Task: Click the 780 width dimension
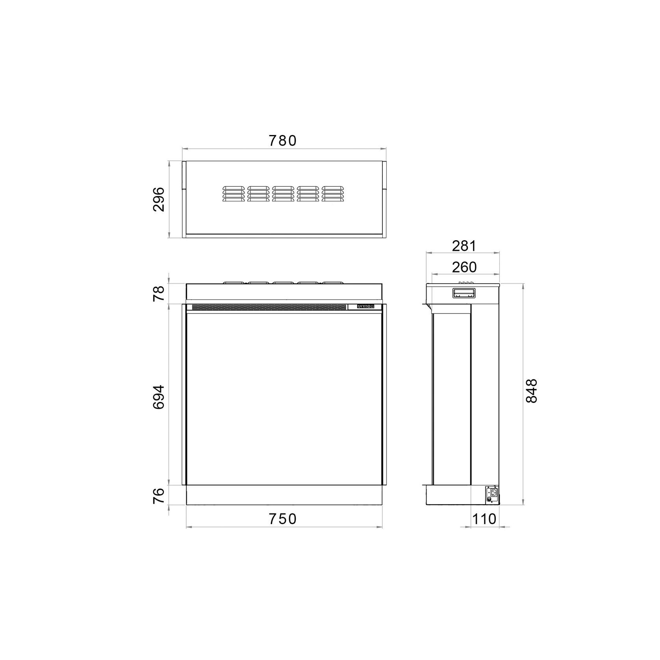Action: click(x=282, y=141)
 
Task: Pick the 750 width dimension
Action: click(x=283, y=519)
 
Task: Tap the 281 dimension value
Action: click(x=464, y=246)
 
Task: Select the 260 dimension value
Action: click(x=464, y=267)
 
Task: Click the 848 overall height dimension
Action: click(x=531, y=391)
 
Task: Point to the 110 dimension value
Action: click(x=484, y=519)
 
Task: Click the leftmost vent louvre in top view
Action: click(x=233, y=194)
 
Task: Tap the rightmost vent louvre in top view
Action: click(x=332, y=194)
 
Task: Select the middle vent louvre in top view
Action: click(x=283, y=194)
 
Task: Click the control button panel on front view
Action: click(x=365, y=306)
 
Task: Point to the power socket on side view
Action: click(x=492, y=494)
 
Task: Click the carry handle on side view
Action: click(x=464, y=293)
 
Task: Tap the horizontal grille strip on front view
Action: click(x=269, y=307)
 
